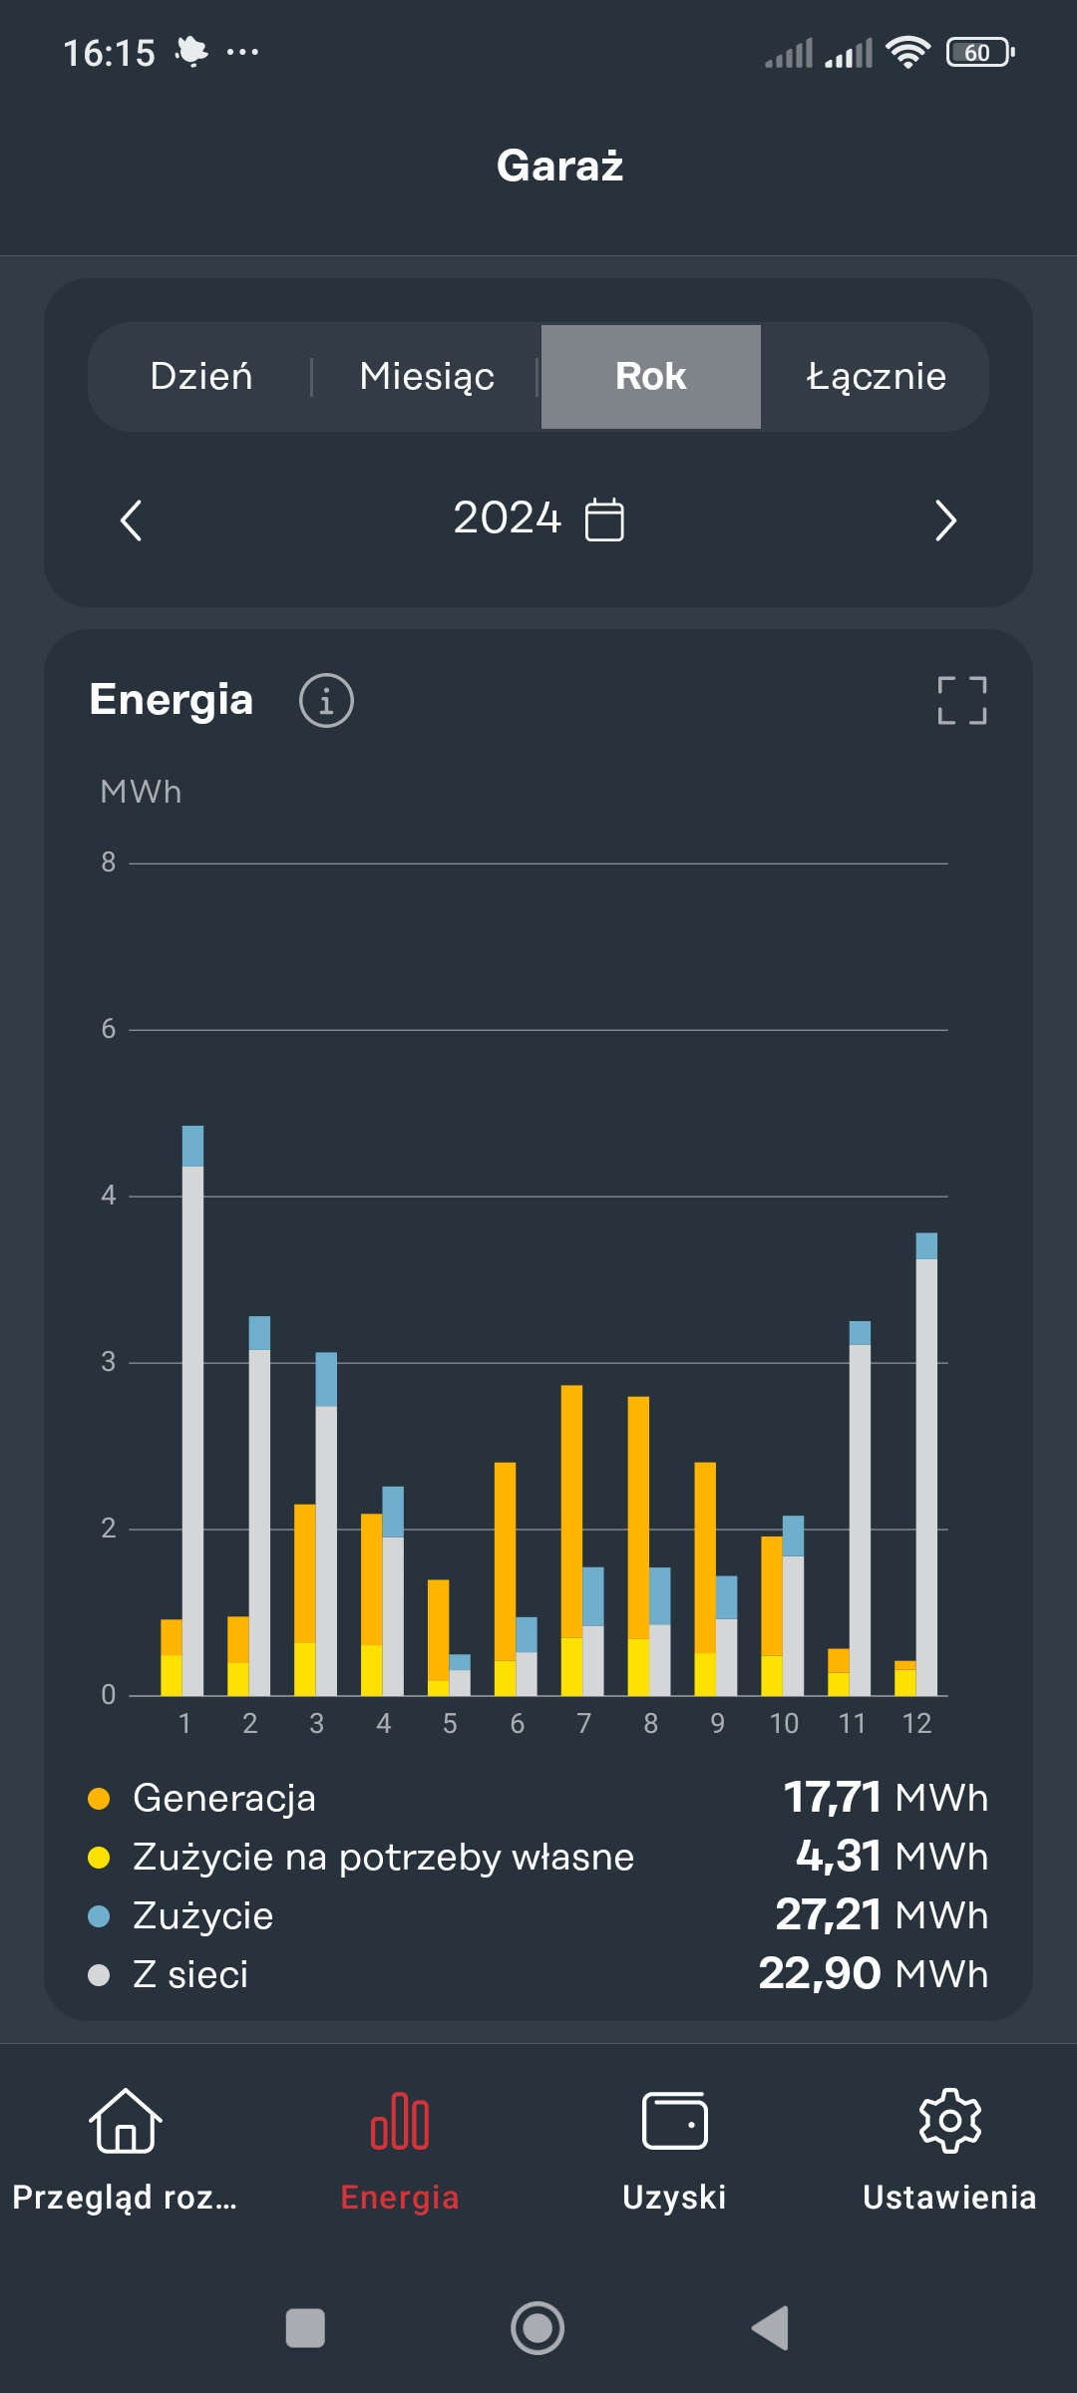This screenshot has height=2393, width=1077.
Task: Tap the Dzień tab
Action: [200, 377]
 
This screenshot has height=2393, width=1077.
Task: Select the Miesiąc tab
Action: [427, 377]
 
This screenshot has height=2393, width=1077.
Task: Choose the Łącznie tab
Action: [876, 377]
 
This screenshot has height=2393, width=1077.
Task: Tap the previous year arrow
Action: [131, 520]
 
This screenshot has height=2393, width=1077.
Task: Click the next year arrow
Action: [945, 520]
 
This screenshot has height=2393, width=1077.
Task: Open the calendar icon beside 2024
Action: [604, 519]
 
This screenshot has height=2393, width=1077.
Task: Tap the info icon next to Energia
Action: [326, 700]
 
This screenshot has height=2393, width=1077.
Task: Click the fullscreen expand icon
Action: [962, 700]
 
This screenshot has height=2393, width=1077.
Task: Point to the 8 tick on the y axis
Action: [109, 862]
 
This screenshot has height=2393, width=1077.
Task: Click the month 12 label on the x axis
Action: [916, 1723]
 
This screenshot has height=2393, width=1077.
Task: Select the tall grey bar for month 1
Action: [192, 1426]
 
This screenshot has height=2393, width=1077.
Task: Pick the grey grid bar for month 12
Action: [926, 1476]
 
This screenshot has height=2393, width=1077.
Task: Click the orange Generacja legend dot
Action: [99, 1799]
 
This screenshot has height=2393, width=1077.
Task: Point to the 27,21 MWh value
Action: [882, 1914]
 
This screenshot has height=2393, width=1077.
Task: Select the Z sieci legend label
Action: [190, 1974]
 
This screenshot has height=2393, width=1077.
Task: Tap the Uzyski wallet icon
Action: [675, 2120]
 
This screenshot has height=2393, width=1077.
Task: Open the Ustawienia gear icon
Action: [949, 2120]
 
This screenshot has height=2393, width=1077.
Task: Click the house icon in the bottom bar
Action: [126, 2120]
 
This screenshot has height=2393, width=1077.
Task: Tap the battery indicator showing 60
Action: [979, 52]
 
